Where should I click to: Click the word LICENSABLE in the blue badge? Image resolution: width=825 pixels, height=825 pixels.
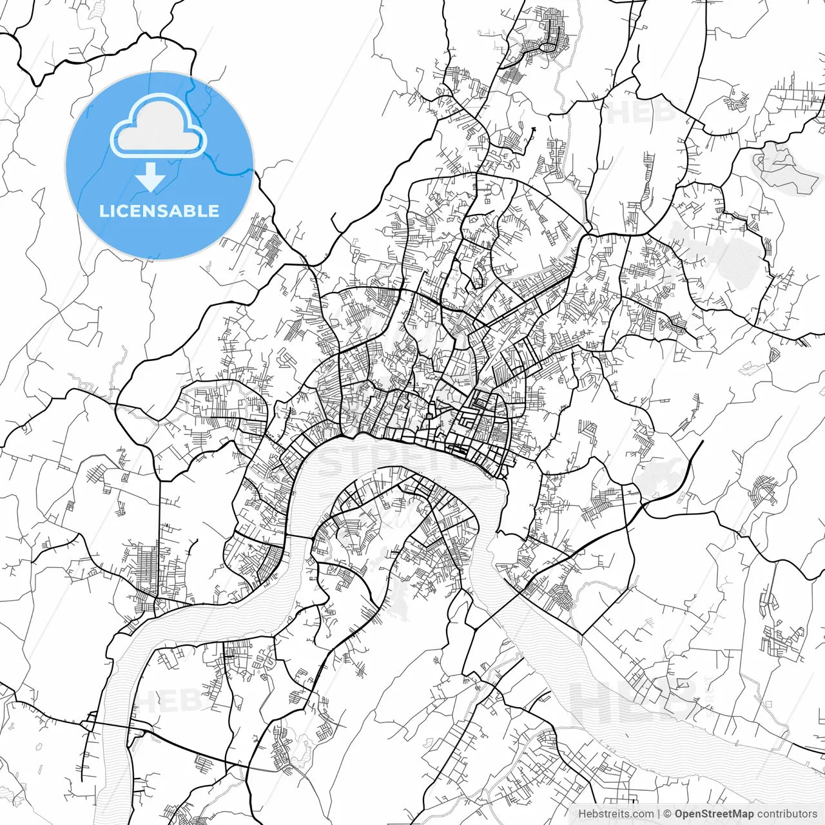coord(159,211)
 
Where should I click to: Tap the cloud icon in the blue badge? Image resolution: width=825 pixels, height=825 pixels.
coord(158,125)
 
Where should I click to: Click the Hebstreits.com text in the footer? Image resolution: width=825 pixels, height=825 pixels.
coord(616,814)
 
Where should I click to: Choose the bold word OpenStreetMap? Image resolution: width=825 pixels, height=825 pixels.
coord(714,814)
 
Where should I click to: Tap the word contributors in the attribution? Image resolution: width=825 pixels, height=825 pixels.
coord(787,814)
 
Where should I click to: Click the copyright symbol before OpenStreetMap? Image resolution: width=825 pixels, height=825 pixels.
coord(668,814)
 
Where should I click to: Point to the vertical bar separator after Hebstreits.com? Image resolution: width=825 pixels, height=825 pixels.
coord(659,814)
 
